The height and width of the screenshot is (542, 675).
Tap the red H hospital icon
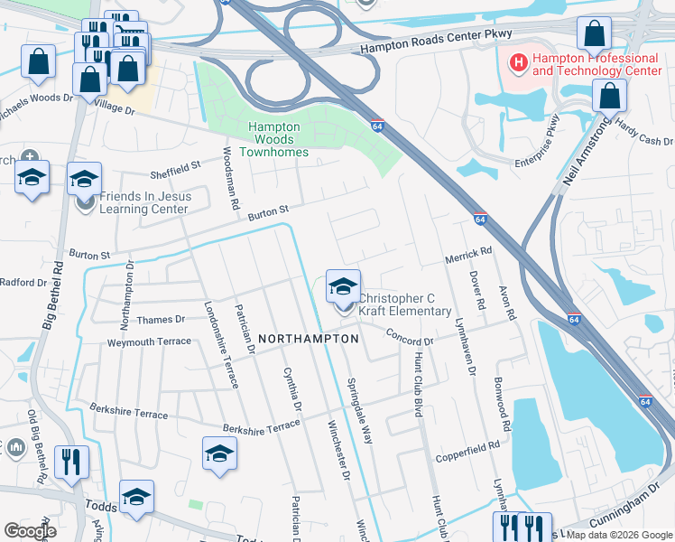[518, 62]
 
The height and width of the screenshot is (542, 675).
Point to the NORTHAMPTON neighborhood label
[309, 338]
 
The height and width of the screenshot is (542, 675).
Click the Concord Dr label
[411, 336]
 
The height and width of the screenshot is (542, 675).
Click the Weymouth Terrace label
[149, 341]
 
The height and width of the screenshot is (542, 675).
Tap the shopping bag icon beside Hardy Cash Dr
[610, 96]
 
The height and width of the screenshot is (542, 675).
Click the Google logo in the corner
[30, 531]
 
